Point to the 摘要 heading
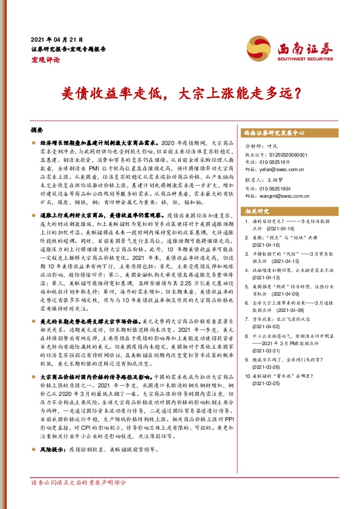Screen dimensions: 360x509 point(37,130)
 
